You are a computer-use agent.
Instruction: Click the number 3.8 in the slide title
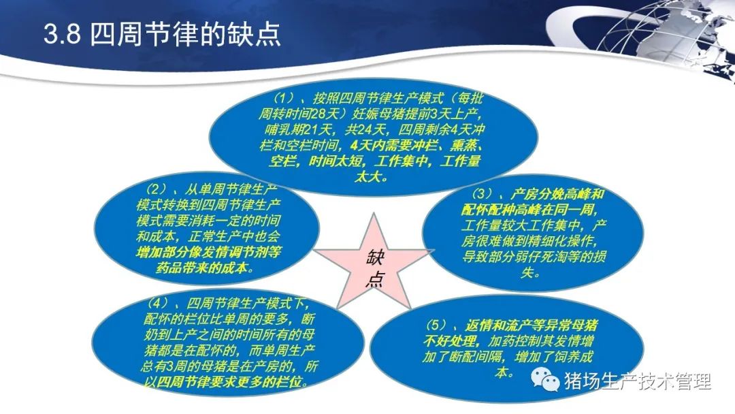click(x=63, y=34)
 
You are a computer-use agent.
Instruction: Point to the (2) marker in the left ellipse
click(x=156, y=189)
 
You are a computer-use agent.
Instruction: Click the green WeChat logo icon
click(x=545, y=379)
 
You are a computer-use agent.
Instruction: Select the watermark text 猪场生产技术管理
click(x=638, y=381)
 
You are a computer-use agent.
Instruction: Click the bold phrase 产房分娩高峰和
click(x=557, y=194)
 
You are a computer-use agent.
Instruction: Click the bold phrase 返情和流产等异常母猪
click(x=532, y=325)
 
